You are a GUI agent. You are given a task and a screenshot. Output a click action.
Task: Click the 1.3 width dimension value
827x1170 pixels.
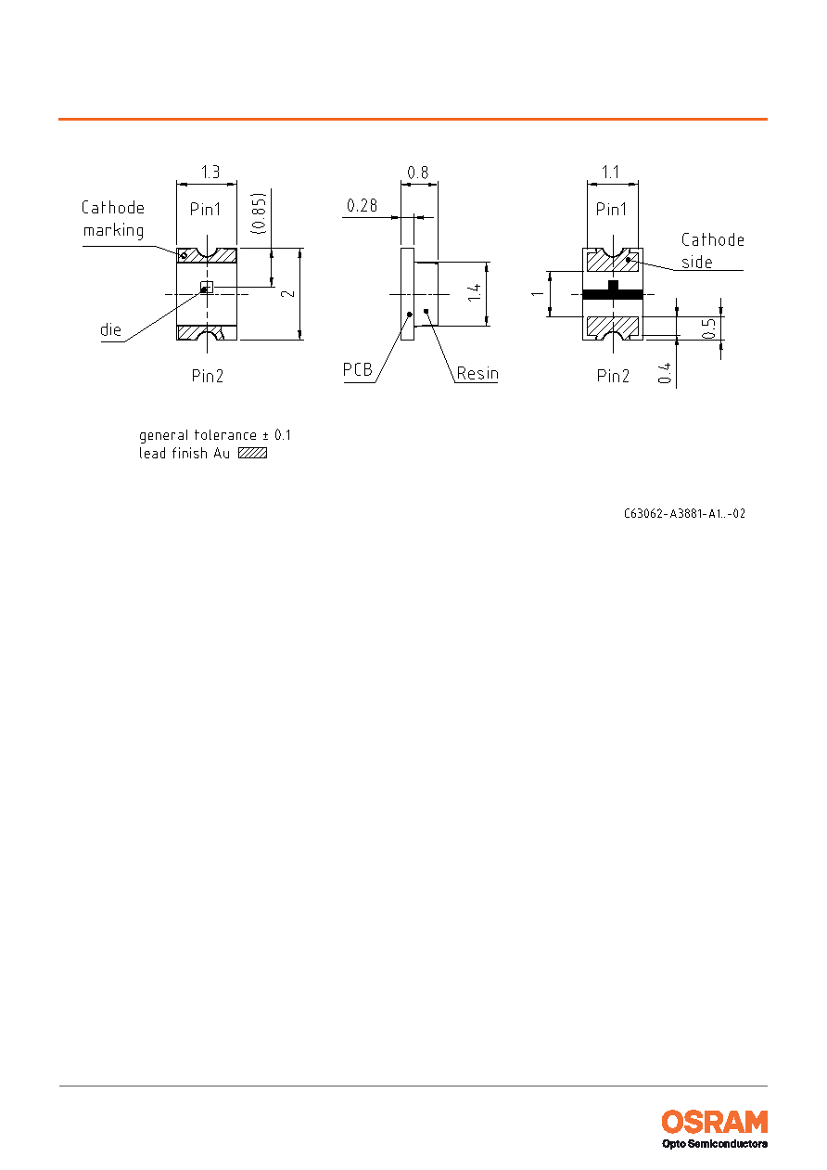(x=210, y=172)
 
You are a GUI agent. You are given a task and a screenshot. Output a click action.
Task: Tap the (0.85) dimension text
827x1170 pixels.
(x=259, y=213)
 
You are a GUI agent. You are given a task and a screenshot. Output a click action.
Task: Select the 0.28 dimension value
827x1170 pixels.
(x=363, y=205)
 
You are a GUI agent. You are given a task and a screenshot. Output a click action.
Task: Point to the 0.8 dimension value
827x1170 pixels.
(x=418, y=173)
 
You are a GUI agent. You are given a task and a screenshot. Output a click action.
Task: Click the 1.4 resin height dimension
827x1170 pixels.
(x=475, y=293)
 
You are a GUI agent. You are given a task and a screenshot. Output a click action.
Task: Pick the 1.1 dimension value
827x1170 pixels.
(x=610, y=172)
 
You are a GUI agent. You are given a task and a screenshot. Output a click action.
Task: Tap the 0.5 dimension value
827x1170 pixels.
(x=708, y=329)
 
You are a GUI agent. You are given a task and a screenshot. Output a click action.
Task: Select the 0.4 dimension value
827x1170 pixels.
(x=664, y=374)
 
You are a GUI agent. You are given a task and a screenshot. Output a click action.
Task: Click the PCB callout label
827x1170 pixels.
(x=358, y=369)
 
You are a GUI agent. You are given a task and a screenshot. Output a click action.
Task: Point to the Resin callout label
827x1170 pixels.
(x=477, y=373)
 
